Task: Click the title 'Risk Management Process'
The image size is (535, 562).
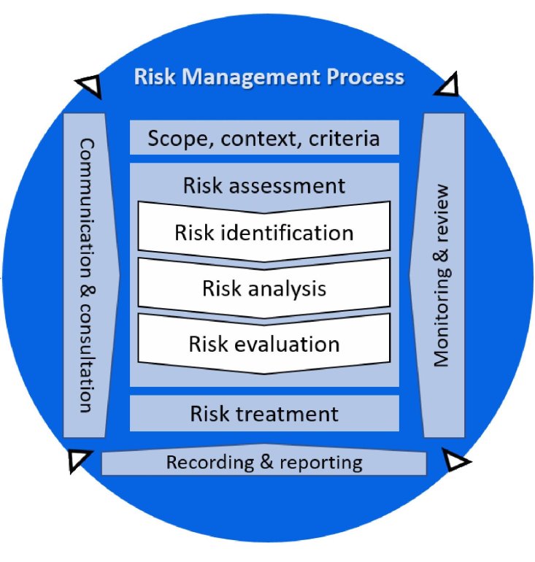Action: click(x=269, y=77)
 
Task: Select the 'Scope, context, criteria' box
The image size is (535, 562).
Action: click(x=264, y=138)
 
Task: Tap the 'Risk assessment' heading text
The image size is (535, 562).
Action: click(x=264, y=185)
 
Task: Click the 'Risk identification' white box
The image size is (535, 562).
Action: click(x=264, y=233)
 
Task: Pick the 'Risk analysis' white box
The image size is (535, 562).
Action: click(x=264, y=288)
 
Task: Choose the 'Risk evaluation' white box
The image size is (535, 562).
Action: click(x=264, y=344)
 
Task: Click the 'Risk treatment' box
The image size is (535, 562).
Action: click(x=264, y=414)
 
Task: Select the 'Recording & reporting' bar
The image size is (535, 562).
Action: click(x=264, y=462)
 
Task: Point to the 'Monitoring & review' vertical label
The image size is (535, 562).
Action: click(x=442, y=274)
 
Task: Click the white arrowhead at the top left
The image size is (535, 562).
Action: click(x=91, y=87)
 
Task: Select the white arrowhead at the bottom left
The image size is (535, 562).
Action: click(x=78, y=459)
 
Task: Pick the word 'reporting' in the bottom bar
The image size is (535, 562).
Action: click(x=318, y=463)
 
